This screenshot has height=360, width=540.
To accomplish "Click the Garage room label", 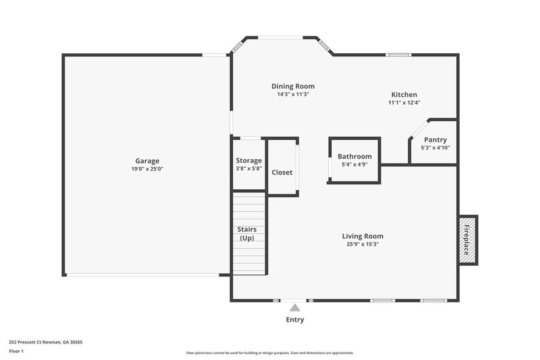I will pos(147,161).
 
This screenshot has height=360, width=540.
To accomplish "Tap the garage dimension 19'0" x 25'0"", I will pos(147,169).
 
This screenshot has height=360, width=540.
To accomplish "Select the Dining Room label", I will pos(293,86).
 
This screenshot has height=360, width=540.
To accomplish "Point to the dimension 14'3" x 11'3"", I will pos(293,94).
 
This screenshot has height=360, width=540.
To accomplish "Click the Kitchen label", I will pos(404,94).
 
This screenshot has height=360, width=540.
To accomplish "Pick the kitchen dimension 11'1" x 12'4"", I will pos(404,103).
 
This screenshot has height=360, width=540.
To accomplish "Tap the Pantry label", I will pos(435,140).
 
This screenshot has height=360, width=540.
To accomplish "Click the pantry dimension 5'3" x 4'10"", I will pos(435,148).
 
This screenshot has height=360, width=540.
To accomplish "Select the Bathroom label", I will pos(354,156).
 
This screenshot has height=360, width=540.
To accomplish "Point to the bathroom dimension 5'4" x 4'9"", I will pos(354,164).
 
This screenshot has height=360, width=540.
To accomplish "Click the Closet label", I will pos(282,172).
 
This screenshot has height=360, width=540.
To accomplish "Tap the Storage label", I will pos(249,160).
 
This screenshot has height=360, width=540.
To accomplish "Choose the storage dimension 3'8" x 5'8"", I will pos(249,168).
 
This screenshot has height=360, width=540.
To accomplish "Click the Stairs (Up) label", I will pos(247,234).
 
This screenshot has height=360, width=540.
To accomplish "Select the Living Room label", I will pos(362,236).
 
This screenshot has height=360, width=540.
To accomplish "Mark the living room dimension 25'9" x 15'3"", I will pos(362,244).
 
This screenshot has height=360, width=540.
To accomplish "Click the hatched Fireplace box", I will pos(468,240).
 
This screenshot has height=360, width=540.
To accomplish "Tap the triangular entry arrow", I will pos(295,308).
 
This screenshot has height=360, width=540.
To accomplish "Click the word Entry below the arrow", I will pos(294,320).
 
